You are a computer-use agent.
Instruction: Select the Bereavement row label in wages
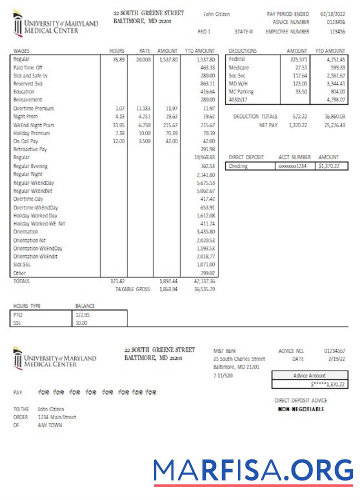click(24, 100)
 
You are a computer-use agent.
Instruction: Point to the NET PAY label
click(268, 125)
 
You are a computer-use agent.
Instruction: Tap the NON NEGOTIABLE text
click(301, 409)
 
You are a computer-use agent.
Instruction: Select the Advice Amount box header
click(309, 375)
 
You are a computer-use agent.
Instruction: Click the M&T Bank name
click(224, 351)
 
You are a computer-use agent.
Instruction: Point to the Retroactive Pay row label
click(30, 149)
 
